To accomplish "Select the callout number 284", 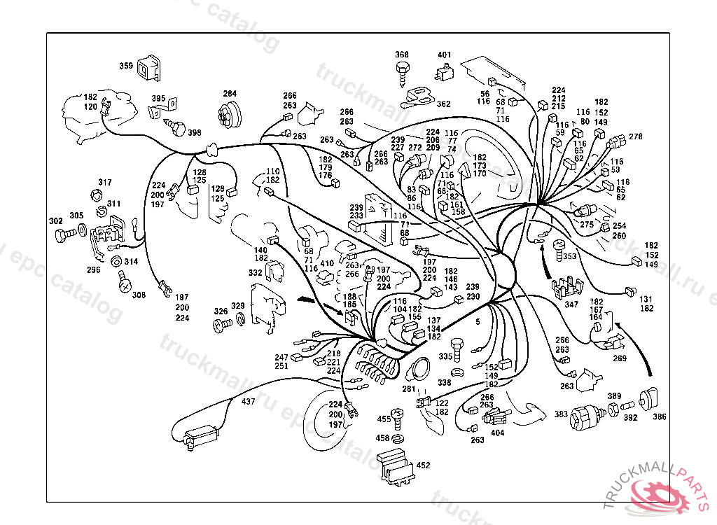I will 230,94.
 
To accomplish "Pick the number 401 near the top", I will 445,55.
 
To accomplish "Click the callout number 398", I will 194,133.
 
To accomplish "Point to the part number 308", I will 139,295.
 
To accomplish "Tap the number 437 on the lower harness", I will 249,402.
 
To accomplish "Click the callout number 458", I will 382,438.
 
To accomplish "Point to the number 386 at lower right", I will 660,416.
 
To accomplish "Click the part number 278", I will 636,136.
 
